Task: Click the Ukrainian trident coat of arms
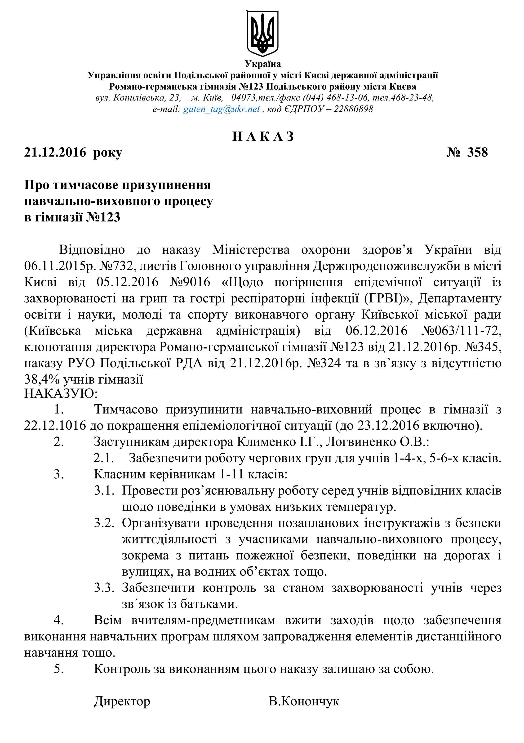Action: (x=263, y=33)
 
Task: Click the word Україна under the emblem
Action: (x=263, y=64)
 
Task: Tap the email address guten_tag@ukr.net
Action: (x=222, y=109)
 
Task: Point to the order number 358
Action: (x=477, y=152)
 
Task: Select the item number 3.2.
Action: (x=104, y=523)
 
